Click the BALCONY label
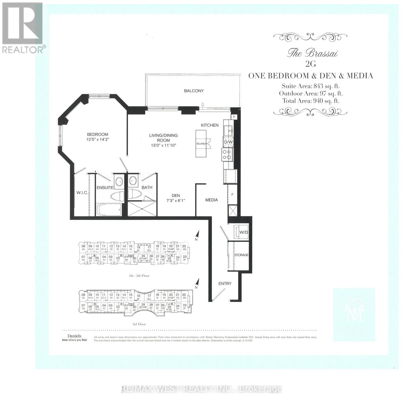click(194, 91)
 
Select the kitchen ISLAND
click(201, 143)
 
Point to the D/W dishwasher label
click(228, 142)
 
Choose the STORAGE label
click(241, 255)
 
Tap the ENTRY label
click(225, 283)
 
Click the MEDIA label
click(211, 200)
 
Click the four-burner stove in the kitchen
click(227, 155)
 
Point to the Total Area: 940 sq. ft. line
click(311, 100)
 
